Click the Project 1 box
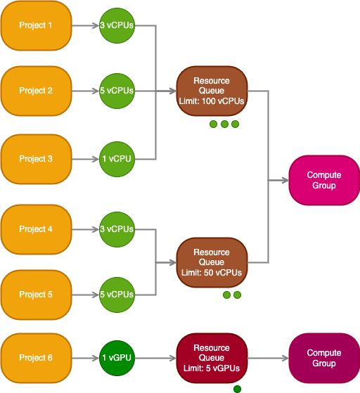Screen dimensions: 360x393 [37, 25]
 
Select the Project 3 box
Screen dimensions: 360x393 [37, 159]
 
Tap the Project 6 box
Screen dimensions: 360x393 [37, 358]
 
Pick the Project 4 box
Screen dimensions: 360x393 [37, 229]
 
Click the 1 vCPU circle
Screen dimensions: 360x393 [117, 159]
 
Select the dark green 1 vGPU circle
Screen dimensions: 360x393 [117, 358]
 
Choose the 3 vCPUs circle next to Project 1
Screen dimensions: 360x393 [117, 25]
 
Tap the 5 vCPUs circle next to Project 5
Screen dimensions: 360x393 [117, 295]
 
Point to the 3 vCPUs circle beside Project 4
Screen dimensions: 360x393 [117, 229]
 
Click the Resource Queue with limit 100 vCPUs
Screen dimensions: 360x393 [212, 91]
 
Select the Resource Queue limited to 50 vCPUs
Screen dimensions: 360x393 [212, 262]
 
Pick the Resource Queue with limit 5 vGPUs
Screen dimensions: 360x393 [212, 358]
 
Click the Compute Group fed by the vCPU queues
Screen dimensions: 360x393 [324, 180]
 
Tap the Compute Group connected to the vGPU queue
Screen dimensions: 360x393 [324, 358]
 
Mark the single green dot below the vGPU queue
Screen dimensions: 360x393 [237, 389]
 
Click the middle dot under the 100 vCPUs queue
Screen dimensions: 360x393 [224, 124]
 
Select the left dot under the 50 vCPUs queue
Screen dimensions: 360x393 [226, 295]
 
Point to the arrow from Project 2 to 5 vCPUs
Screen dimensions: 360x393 [86, 91]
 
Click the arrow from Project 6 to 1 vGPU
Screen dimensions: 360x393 [86, 358]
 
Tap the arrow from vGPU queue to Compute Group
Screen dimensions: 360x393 [269, 358]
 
